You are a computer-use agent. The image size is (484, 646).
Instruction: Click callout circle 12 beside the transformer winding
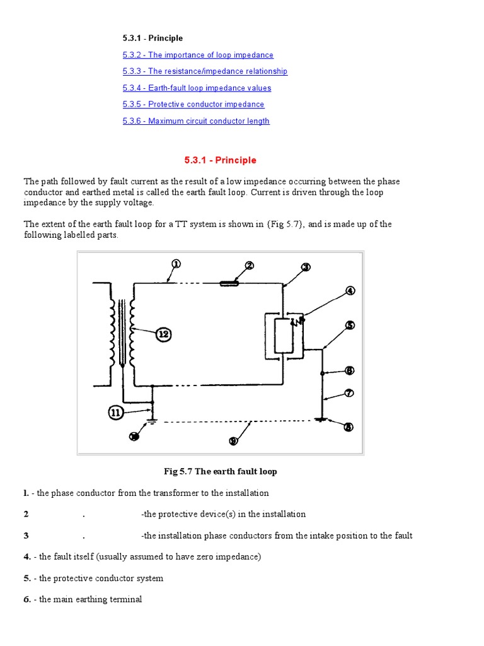[163, 334]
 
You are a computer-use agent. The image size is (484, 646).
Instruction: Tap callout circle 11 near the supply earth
[116, 413]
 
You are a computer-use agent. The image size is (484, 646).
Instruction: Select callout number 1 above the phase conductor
[176, 264]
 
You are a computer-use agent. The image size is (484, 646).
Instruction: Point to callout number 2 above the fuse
[250, 266]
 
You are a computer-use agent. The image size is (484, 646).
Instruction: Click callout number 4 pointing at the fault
[350, 291]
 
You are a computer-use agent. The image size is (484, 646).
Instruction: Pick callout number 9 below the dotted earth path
[233, 441]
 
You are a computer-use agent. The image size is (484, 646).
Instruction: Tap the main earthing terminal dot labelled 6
[322, 373]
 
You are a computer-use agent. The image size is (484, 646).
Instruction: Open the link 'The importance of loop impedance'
[198, 55]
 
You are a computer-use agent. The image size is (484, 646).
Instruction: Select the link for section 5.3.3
[205, 71]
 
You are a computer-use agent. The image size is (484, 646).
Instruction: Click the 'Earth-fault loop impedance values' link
[197, 88]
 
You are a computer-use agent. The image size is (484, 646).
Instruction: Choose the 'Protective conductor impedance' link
[193, 104]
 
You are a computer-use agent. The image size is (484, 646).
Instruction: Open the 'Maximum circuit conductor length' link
[196, 120]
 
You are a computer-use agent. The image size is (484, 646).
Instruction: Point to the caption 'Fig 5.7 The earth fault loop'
[220, 471]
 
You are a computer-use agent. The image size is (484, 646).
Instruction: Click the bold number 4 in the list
[27, 556]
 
